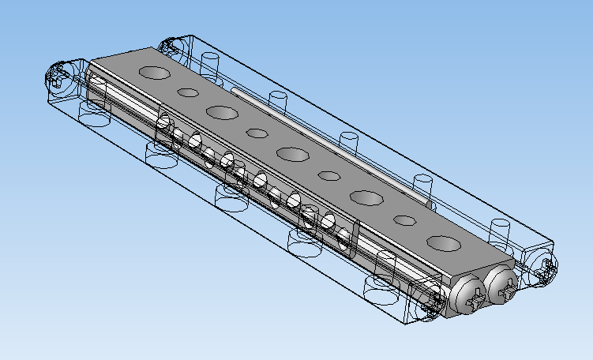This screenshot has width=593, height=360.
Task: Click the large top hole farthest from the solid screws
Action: pos(156,73)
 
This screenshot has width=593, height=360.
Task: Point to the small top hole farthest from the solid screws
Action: pos(188,92)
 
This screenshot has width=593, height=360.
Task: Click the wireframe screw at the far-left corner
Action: pos(59,77)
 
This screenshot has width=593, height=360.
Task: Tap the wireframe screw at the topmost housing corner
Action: pos(171,47)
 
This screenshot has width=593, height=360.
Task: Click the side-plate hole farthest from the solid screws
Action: pos(165,125)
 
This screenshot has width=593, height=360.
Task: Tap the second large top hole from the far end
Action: pos(223,112)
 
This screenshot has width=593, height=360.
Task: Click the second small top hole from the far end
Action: pos(257,132)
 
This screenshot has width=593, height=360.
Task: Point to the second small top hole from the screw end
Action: pos(329,174)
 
